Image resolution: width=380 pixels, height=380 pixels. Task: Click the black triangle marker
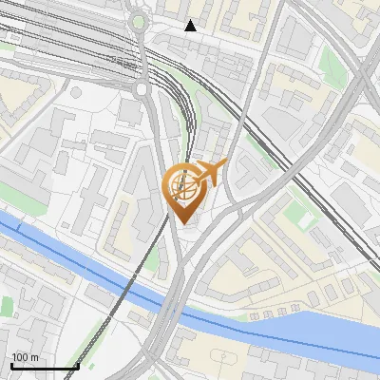click(x=191, y=26)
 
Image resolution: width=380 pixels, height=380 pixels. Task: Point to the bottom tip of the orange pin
click(x=184, y=223)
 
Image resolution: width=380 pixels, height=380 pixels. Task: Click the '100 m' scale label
click(x=25, y=357)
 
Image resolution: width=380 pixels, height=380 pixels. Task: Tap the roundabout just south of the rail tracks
click(x=142, y=88)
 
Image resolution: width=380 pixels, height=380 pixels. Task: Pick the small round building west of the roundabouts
click(x=76, y=92)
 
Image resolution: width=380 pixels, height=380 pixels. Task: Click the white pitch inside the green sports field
click(x=305, y=218)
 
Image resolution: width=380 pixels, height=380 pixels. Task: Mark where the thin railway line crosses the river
click(x=121, y=288)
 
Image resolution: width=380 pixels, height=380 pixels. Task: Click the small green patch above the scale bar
click(x=7, y=306)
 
